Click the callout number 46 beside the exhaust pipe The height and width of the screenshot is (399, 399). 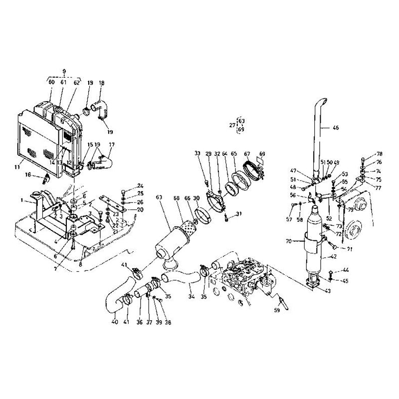(335, 128)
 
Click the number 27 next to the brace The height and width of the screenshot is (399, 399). (231, 125)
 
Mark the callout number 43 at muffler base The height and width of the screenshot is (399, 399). (328, 291)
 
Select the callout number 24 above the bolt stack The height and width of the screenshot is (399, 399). (140, 186)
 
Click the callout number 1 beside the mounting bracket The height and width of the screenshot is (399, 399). (22, 200)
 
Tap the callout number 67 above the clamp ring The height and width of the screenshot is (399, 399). (246, 154)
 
